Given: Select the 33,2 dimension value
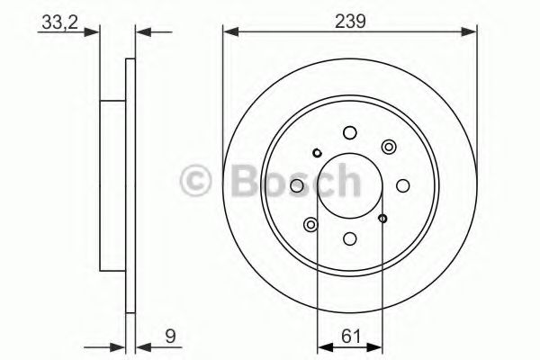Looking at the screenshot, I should click(56, 22).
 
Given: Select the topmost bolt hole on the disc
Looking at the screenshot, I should click(349, 133).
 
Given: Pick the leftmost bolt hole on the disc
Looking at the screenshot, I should click(296, 186).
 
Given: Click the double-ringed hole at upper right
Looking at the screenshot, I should click(388, 147).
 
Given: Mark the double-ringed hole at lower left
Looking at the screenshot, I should click(310, 224).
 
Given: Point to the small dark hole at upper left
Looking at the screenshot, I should click(317, 153).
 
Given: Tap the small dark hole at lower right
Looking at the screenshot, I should click(382, 219).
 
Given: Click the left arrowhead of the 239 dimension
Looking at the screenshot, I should click(229, 33).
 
